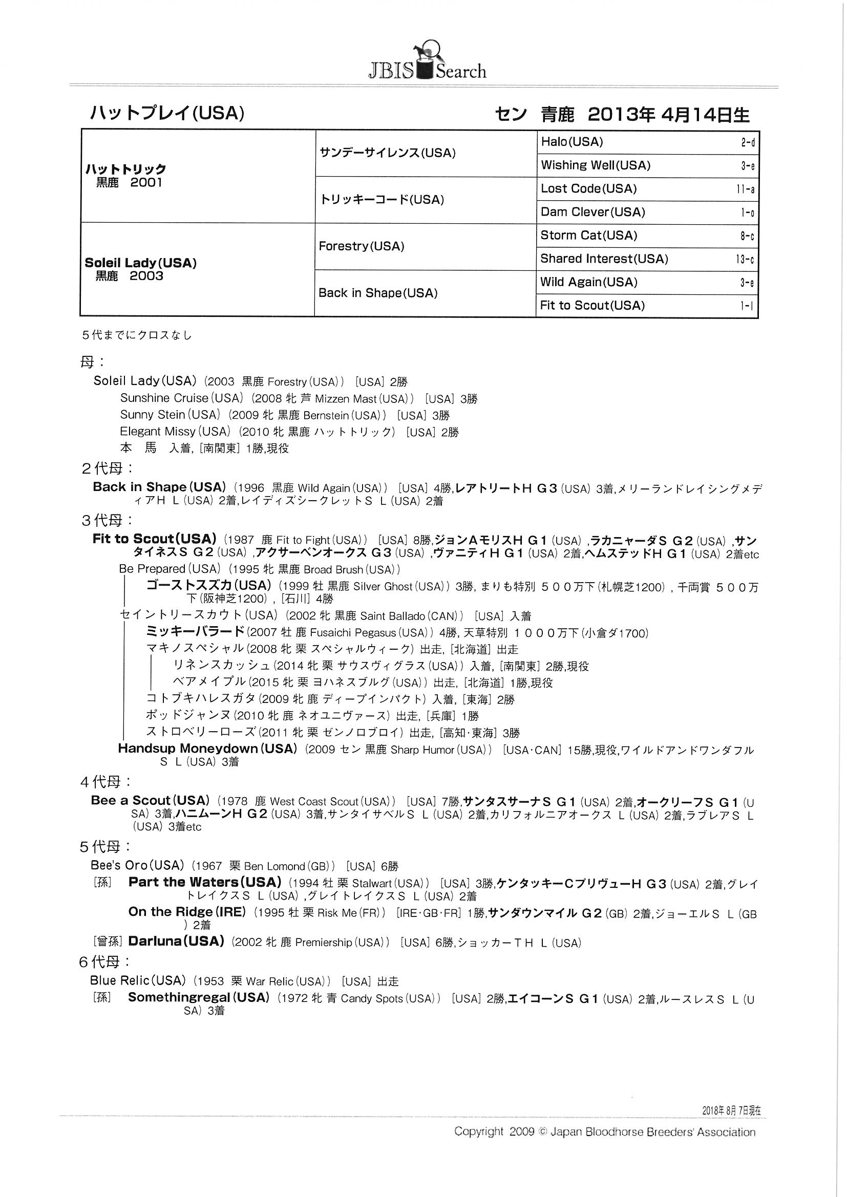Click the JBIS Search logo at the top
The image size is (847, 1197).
[x=427, y=62]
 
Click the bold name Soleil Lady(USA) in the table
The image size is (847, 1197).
[x=140, y=263]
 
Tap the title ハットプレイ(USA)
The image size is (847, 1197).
[x=167, y=113]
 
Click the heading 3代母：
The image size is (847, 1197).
[x=107, y=520]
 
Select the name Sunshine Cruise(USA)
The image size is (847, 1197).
[x=181, y=398]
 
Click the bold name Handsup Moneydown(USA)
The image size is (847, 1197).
[x=207, y=749]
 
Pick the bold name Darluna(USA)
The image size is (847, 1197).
[x=176, y=942]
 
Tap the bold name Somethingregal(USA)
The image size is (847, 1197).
[x=198, y=998]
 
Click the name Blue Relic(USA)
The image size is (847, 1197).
[x=138, y=980]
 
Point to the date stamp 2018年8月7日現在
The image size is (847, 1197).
[x=731, y=1110]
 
